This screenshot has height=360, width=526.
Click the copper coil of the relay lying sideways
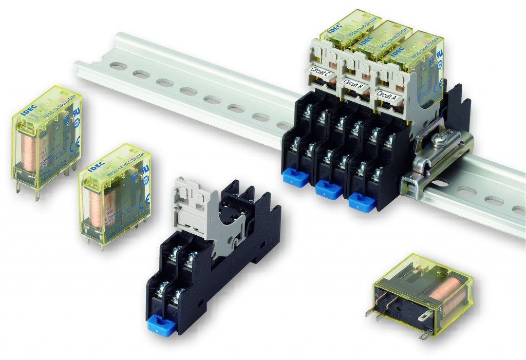coord(443,294)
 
